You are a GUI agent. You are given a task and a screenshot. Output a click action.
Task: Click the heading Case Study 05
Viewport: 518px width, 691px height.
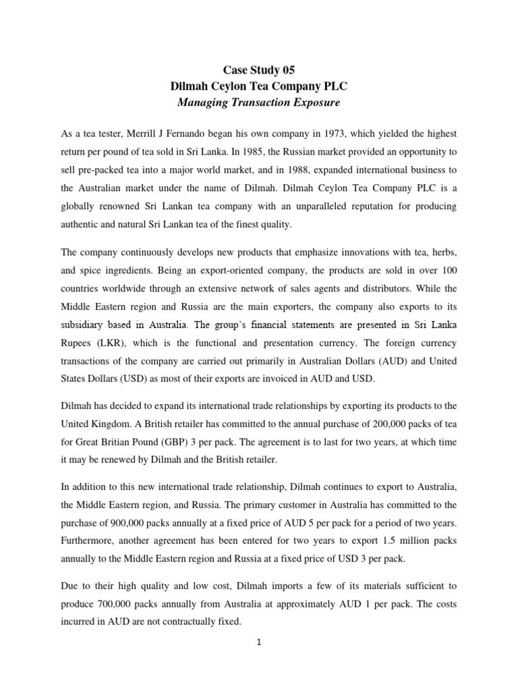pyautogui.click(x=259, y=70)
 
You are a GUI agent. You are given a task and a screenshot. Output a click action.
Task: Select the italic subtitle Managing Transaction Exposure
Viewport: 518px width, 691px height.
pyautogui.click(x=259, y=103)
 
